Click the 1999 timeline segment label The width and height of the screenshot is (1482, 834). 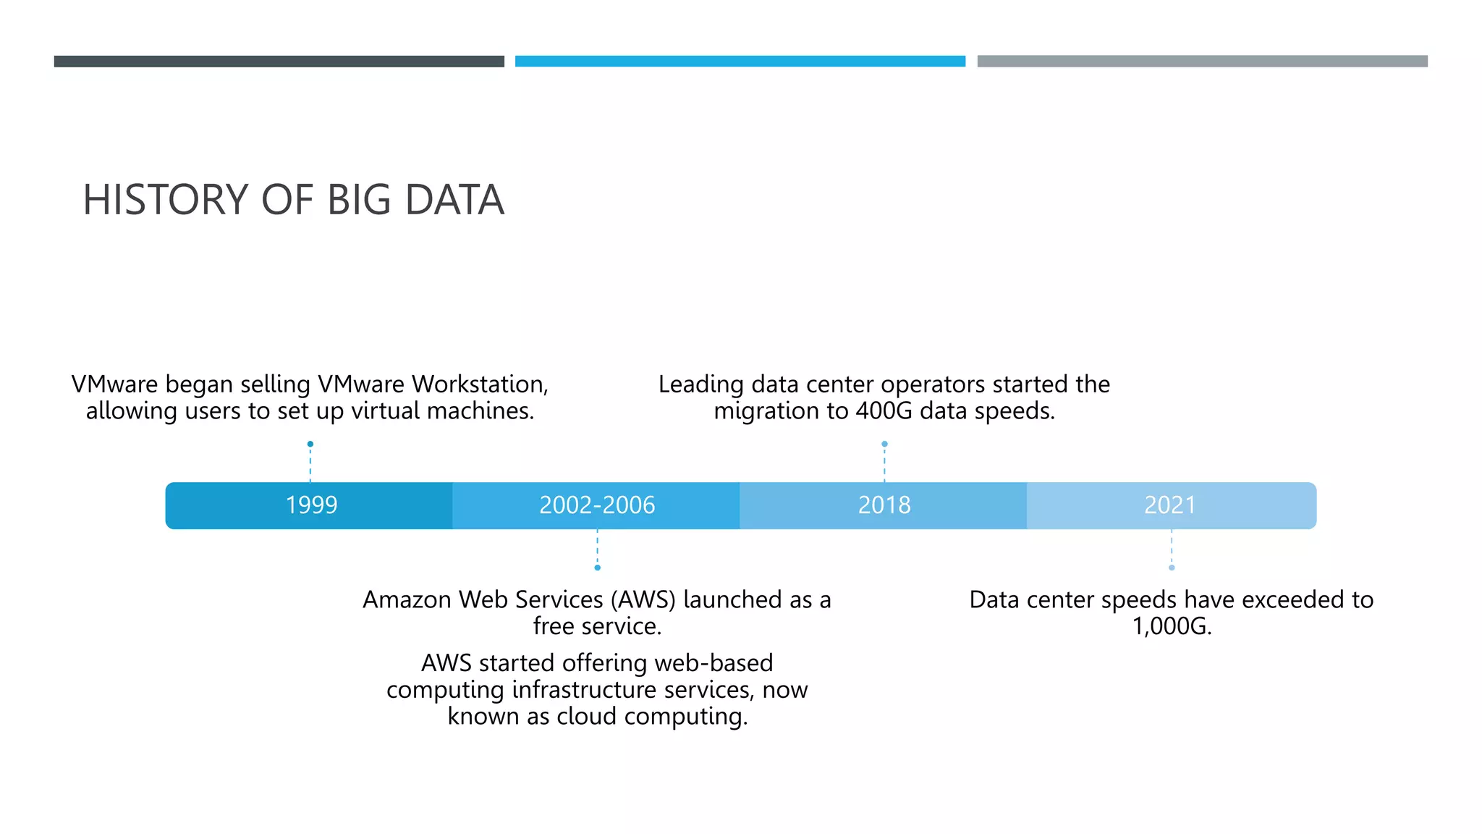pyautogui.click(x=311, y=505)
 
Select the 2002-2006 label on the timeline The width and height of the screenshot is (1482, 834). pyautogui.click(x=597, y=505)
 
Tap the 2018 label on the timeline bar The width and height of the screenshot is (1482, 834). pyautogui.click(x=884, y=505)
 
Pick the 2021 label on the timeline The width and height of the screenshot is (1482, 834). pyautogui.click(x=1169, y=505)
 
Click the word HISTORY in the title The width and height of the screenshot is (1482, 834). pyautogui.click(x=166, y=200)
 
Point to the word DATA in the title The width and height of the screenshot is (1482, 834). pyautogui.click(x=454, y=200)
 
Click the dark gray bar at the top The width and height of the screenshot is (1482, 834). pyautogui.click(x=279, y=62)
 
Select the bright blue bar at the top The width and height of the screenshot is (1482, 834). pyautogui.click(x=740, y=62)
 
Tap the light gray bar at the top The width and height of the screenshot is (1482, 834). pyautogui.click(x=1202, y=62)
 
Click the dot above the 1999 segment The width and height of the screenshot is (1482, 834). pyautogui.click(x=310, y=444)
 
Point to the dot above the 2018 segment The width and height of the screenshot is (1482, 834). pyautogui.click(x=884, y=444)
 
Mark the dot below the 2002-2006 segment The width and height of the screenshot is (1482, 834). pyautogui.click(x=597, y=568)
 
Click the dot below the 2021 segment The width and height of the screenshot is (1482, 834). pyautogui.click(x=1172, y=568)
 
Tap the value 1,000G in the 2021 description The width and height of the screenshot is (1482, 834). pyautogui.click(x=1171, y=626)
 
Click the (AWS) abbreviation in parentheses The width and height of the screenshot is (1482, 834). pyautogui.click(x=643, y=599)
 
